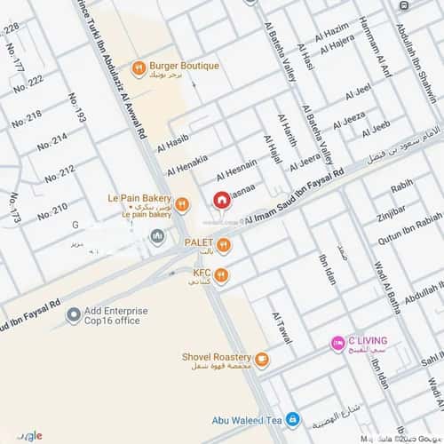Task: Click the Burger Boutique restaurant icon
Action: click(x=139, y=67)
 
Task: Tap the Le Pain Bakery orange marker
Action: click(x=181, y=204)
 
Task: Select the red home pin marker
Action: click(x=220, y=199)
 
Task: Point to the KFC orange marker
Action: click(x=221, y=275)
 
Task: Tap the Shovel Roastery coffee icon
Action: click(x=262, y=360)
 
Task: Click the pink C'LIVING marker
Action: click(x=337, y=343)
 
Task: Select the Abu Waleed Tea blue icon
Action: click(x=293, y=419)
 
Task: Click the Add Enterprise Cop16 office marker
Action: click(x=74, y=316)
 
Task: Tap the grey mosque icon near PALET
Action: click(x=157, y=237)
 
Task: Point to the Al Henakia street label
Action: click(x=186, y=163)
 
